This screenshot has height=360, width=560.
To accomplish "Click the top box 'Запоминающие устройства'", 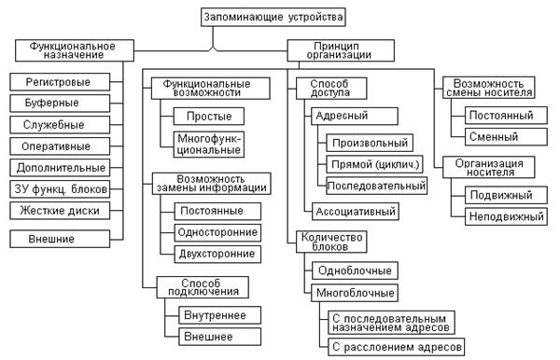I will point(278,16).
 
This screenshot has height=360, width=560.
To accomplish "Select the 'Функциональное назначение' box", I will point(72,50).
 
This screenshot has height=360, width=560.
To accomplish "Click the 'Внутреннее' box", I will point(210,314).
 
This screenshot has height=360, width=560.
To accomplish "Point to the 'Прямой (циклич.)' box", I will point(374,164).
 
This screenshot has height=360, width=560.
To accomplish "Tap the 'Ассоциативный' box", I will point(357,212).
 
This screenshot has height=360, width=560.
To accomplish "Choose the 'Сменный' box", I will point(502,136).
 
